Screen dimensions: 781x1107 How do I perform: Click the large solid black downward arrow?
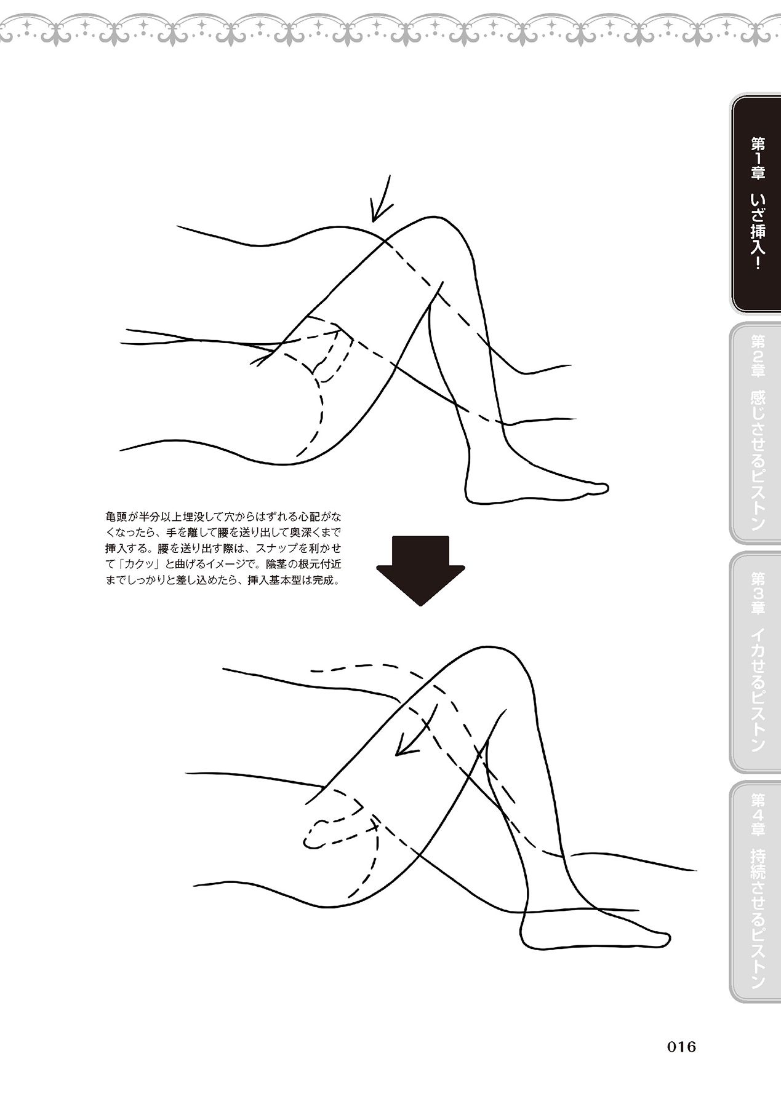(x=421, y=571)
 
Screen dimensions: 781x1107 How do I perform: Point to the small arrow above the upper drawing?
(x=380, y=198)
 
